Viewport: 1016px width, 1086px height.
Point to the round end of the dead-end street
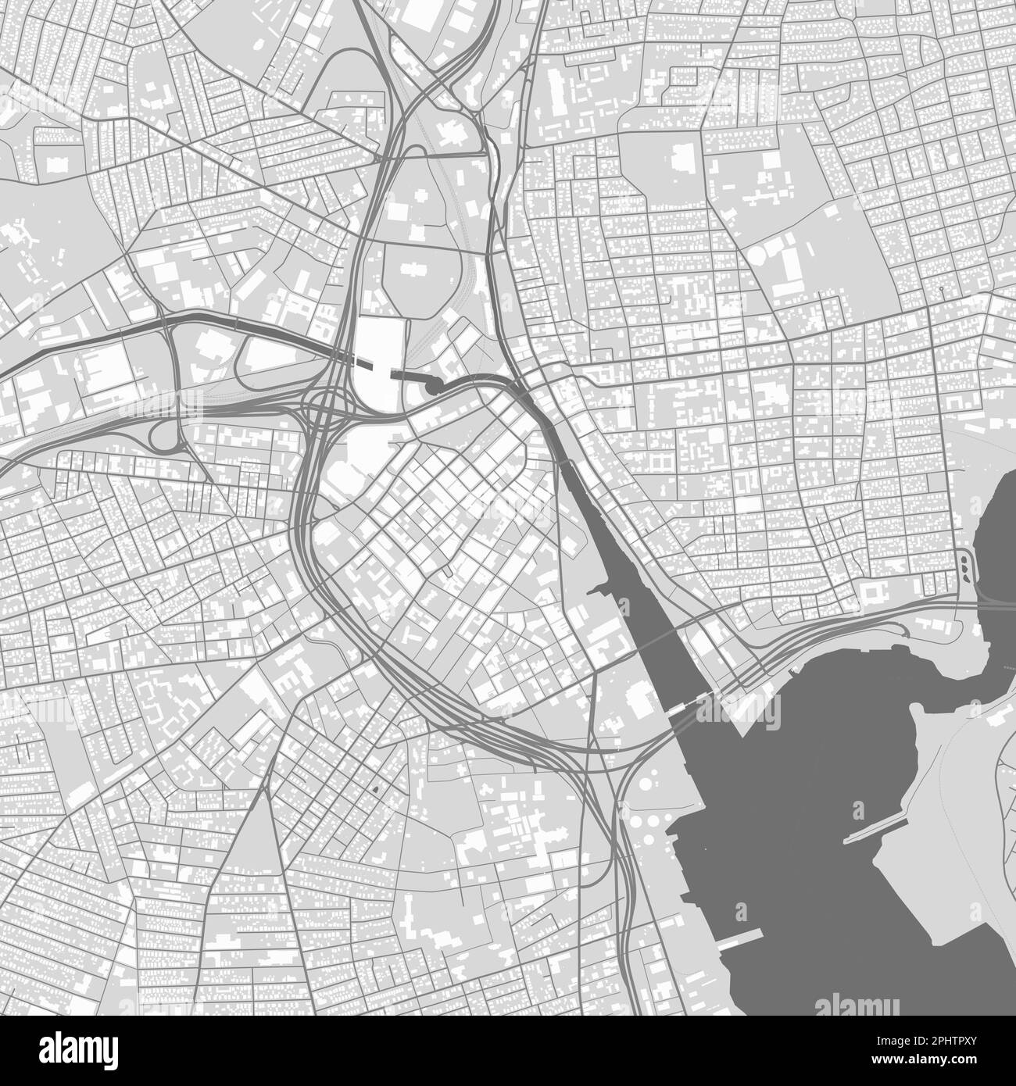click(942, 289)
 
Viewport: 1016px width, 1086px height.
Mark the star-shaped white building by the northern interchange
click(450, 130)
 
